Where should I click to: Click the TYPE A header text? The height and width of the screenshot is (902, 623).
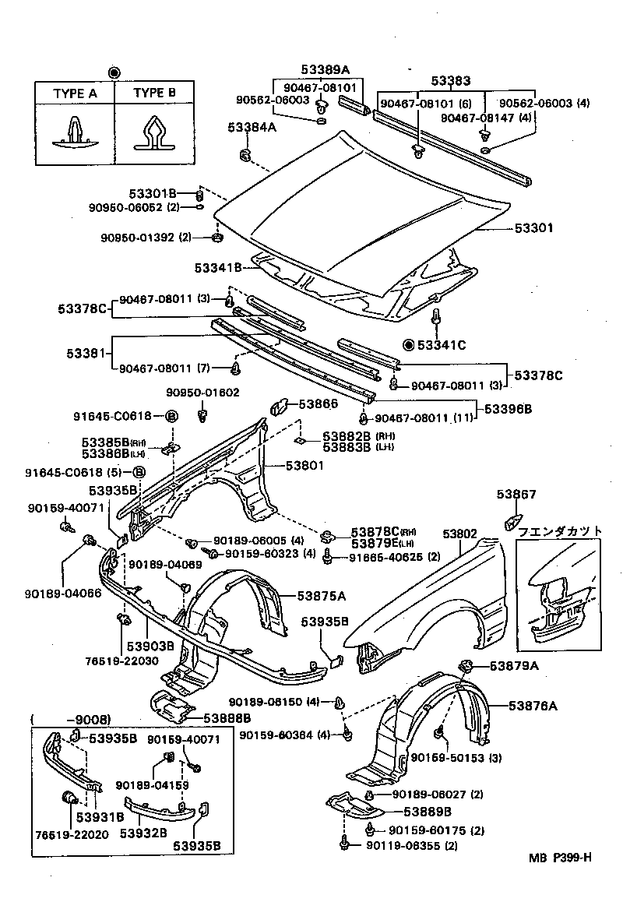[75, 93]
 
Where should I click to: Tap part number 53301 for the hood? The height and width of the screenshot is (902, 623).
[533, 228]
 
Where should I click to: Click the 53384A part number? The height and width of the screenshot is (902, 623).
[252, 126]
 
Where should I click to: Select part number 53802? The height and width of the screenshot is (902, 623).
[459, 534]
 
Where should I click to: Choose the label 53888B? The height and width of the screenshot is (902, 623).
[227, 718]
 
